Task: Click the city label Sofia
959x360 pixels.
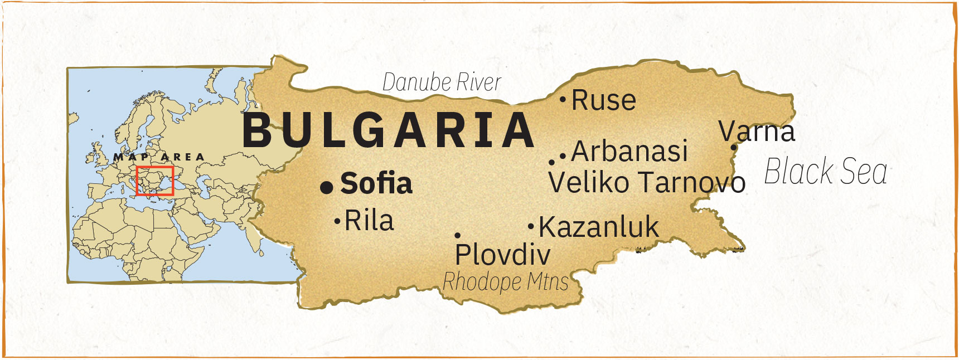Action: click(376, 183)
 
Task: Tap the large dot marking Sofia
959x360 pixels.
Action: click(327, 188)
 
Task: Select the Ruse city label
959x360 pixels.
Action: click(604, 101)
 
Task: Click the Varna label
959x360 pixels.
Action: click(757, 132)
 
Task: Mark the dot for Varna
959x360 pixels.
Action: click(734, 148)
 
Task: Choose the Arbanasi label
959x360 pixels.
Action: click(629, 152)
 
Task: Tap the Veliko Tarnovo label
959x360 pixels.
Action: click(647, 182)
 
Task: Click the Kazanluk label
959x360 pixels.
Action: click(599, 227)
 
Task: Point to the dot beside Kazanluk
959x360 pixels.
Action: click(531, 227)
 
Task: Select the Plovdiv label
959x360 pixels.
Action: click(502, 255)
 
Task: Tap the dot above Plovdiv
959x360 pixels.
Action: click(457, 236)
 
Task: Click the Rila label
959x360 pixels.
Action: click(369, 221)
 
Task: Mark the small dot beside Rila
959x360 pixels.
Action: click(337, 221)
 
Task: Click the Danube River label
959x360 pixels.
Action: click(442, 82)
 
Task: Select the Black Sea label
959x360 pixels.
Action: click(825, 171)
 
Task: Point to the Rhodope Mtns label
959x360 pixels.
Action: click(505, 281)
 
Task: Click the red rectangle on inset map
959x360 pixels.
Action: click(155, 181)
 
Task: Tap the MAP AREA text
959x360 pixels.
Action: click(159, 157)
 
